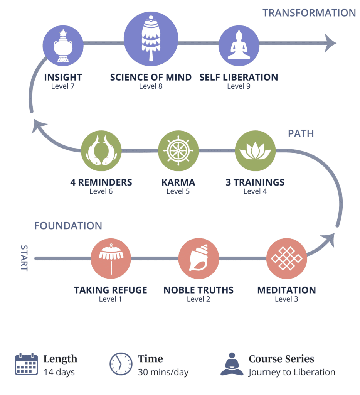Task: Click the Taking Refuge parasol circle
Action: pyautogui.click(x=111, y=258)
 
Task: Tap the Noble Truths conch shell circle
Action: pyautogui.click(x=199, y=258)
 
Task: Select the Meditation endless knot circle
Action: pyautogui.click(x=286, y=258)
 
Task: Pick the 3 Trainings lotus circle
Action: pyautogui.click(x=255, y=151)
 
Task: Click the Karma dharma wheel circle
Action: pyautogui.click(x=178, y=151)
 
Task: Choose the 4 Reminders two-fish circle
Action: pyautogui.click(x=101, y=151)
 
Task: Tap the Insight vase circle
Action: pyautogui.click(x=63, y=46)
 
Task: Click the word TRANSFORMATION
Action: pyautogui.click(x=309, y=13)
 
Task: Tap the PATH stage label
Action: pyautogui.click(x=301, y=134)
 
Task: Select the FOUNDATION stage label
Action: pyautogui.click(x=68, y=226)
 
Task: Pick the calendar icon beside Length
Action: pyautogui.click(x=26, y=364)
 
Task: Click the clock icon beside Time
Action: pyautogui.click(x=121, y=364)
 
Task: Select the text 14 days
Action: pyautogui.click(x=59, y=372)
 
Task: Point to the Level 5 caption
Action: pyautogui.click(x=178, y=191)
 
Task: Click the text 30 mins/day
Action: pyautogui.click(x=163, y=372)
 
